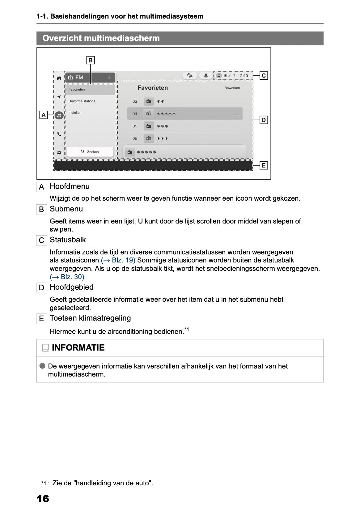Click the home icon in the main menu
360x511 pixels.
[x=59, y=78]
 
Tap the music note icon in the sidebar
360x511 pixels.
[x=59, y=115]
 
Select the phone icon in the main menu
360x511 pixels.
[x=59, y=134]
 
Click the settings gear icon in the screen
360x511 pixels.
[x=59, y=152]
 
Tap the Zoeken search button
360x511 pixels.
[x=90, y=152]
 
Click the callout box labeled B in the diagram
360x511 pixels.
[x=90, y=60]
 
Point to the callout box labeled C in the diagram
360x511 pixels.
[x=264, y=75]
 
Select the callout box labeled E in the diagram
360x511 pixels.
[x=264, y=165]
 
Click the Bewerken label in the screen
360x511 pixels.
[x=232, y=88]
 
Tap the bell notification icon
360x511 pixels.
[x=206, y=75]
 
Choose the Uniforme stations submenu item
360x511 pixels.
[x=82, y=101]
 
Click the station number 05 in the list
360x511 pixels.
[x=135, y=126]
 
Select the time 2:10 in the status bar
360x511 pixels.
[x=244, y=76]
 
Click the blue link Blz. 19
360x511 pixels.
[x=118, y=260]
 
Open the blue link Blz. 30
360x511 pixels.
[x=67, y=277]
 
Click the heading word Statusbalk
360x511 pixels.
[x=68, y=240]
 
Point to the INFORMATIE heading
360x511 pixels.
[x=78, y=348]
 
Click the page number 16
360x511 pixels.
[x=43, y=498]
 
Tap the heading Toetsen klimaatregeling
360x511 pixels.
[x=90, y=318]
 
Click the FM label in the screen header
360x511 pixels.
[x=79, y=77]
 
